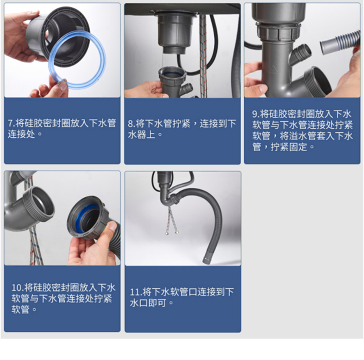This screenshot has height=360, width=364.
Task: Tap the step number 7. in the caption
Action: pyautogui.click(x=11, y=123)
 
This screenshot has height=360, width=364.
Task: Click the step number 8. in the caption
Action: pyautogui.click(x=131, y=124)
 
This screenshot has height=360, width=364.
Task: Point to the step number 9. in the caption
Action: pyautogui.click(x=256, y=114)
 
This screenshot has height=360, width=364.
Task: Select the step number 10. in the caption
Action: pyautogui.click(x=18, y=288)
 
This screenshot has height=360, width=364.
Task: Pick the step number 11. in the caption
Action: pyautogui.click(x=136, y=292)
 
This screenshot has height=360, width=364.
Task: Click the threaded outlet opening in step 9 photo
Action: pyautogui.click(x=318, y=80)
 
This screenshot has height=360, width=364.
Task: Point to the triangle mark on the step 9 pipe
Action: pyautogui.click(x=274, y=70)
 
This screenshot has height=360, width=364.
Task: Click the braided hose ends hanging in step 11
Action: pyautogui.click(x=172, y=231)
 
